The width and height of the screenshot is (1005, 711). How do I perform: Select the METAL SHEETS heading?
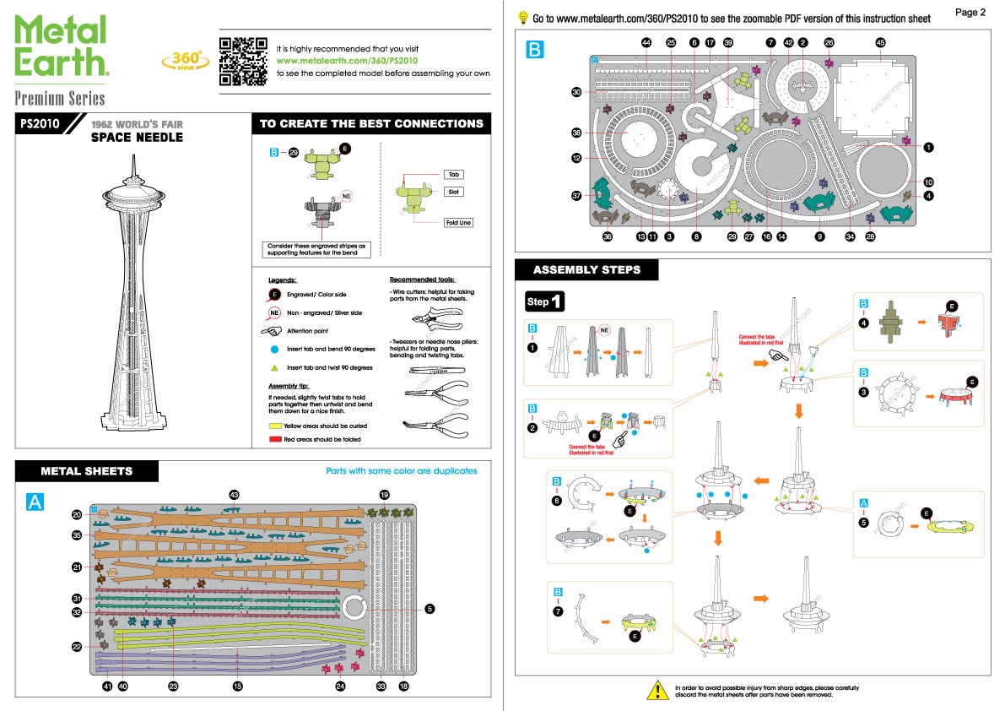pos(87,471)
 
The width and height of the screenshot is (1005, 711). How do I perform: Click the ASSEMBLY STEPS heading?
pos(586,270)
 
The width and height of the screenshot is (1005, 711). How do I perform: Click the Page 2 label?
pos(970,12)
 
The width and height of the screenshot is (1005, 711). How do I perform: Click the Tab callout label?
pos(454,175)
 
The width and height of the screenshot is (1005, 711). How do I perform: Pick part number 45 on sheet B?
pos(880,42)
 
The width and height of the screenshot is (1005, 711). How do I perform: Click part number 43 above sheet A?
pos(235,494)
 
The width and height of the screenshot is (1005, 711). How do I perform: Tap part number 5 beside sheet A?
pos(430,608)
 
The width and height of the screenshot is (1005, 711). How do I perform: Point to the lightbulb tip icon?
pos(523,17)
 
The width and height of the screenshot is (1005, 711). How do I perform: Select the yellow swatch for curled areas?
pos(275,426)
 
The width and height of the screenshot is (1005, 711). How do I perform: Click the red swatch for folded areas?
pos(275,440)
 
